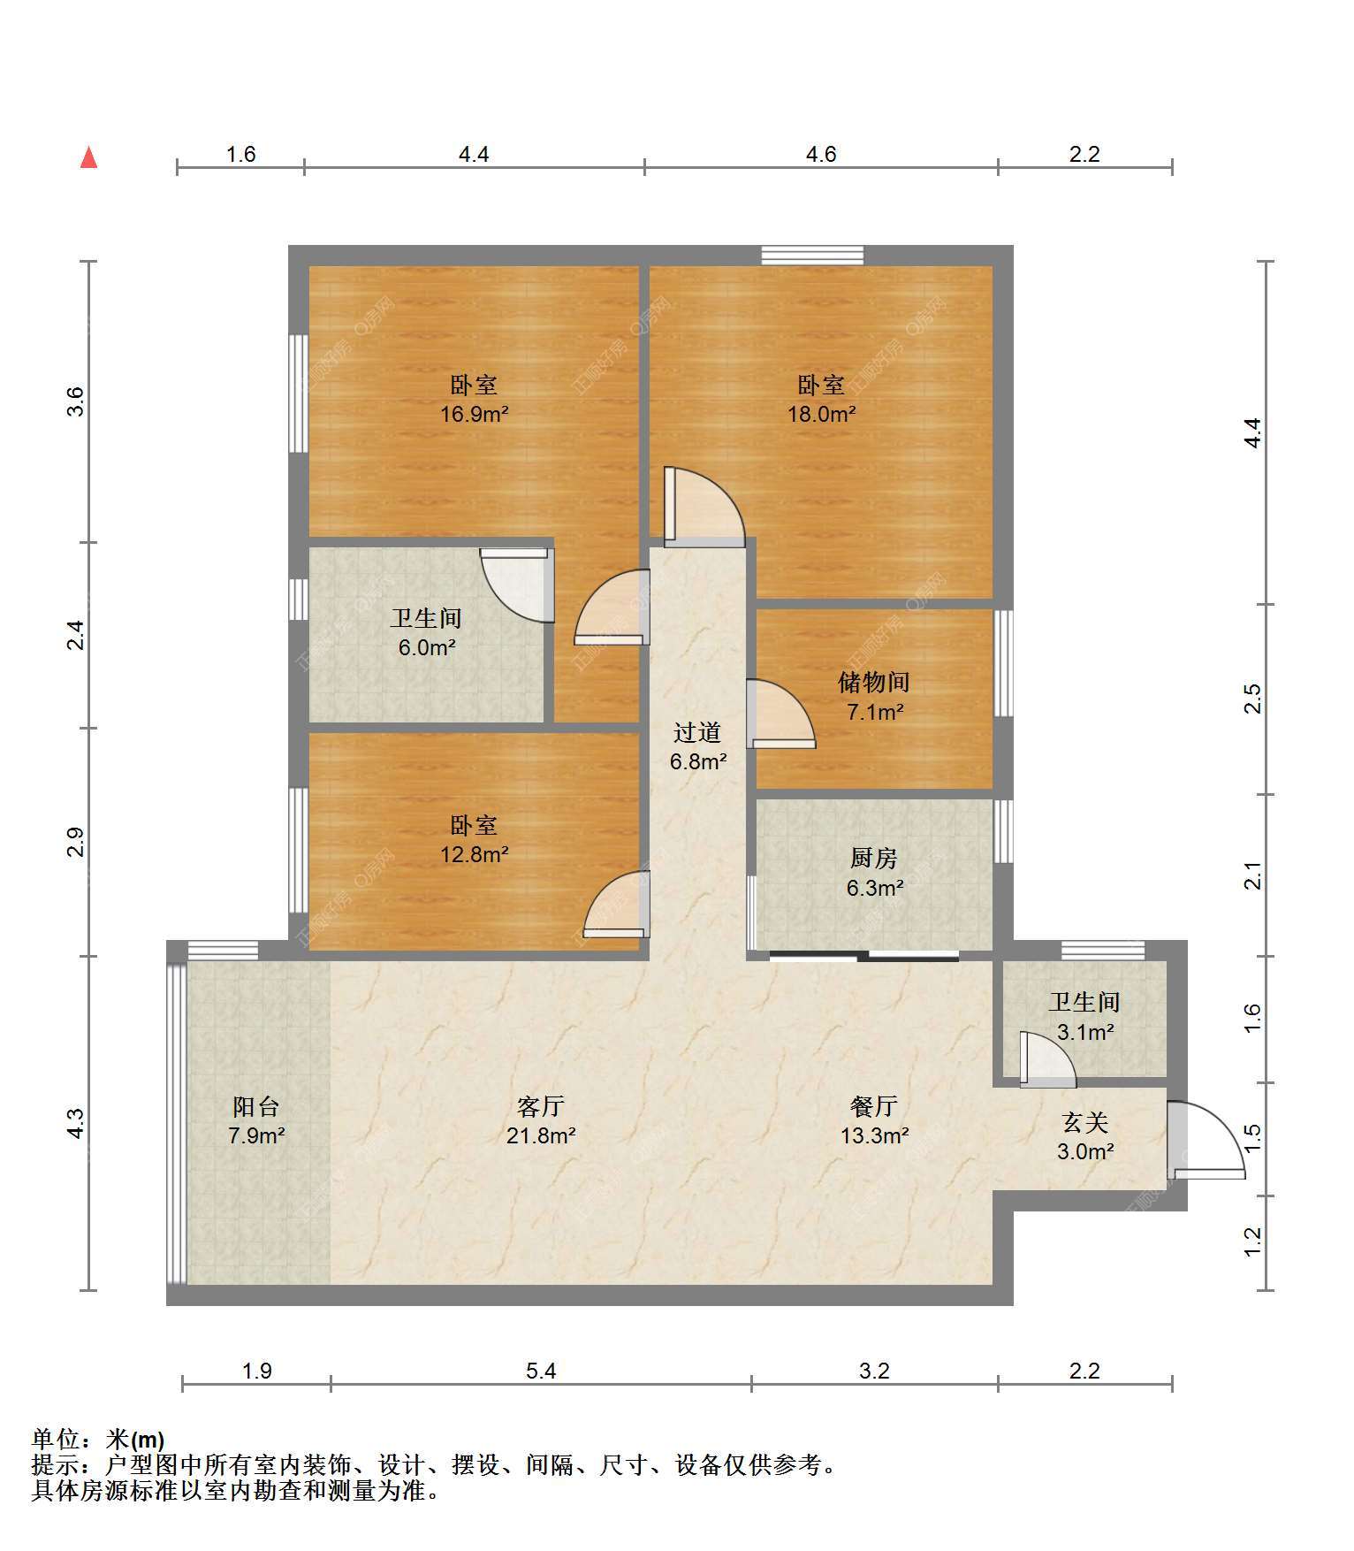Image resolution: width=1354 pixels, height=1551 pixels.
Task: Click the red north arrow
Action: pos(88,157)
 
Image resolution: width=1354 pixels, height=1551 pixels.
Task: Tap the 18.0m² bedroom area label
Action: pos(821,413)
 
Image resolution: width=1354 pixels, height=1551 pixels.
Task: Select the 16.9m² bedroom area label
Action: pos(474,413)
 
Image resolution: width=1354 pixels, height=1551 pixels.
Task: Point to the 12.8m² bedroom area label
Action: pos(474,854)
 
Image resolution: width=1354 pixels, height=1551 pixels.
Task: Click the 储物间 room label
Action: pos(874,682)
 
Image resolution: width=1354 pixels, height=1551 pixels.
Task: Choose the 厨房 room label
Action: pos(874,858)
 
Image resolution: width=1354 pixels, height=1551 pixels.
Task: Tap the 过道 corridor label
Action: pos(697,732)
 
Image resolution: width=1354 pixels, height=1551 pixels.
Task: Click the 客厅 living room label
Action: pos(540,1106)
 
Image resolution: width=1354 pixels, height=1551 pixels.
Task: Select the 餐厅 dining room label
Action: pos(874,1106)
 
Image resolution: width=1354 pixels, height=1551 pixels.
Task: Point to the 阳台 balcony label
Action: pos(256,1106)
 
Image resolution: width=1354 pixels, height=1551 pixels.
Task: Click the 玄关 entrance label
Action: pos(1084,1123)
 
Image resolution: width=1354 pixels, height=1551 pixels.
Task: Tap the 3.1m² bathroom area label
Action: pos(1084,1031)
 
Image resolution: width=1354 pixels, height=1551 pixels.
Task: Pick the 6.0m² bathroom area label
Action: pos(426,647)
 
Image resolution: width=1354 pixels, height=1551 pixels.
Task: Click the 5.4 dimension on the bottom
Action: pos(541,1371)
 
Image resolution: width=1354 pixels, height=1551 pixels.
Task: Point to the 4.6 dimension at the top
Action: pos(821,154)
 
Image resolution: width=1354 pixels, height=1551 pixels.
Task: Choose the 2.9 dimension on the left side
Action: pos(76,842)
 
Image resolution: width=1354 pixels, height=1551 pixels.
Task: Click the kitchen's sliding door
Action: pos(863,955)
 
